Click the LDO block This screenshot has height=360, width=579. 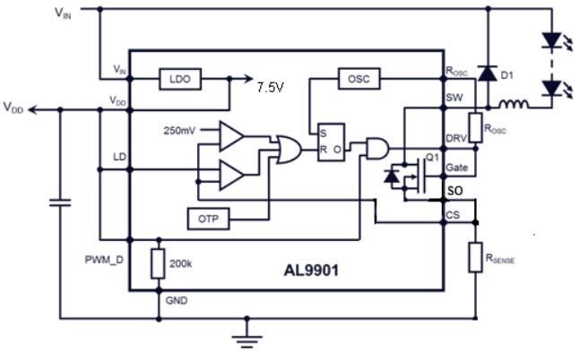180,80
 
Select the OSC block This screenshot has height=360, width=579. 359,79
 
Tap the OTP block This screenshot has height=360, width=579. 208,217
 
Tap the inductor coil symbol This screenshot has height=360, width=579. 514,106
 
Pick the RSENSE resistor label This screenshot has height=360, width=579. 502,260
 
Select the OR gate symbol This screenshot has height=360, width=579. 289,149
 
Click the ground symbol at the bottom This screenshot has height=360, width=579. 245,335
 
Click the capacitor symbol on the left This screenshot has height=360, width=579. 60,203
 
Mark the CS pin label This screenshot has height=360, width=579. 453,216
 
